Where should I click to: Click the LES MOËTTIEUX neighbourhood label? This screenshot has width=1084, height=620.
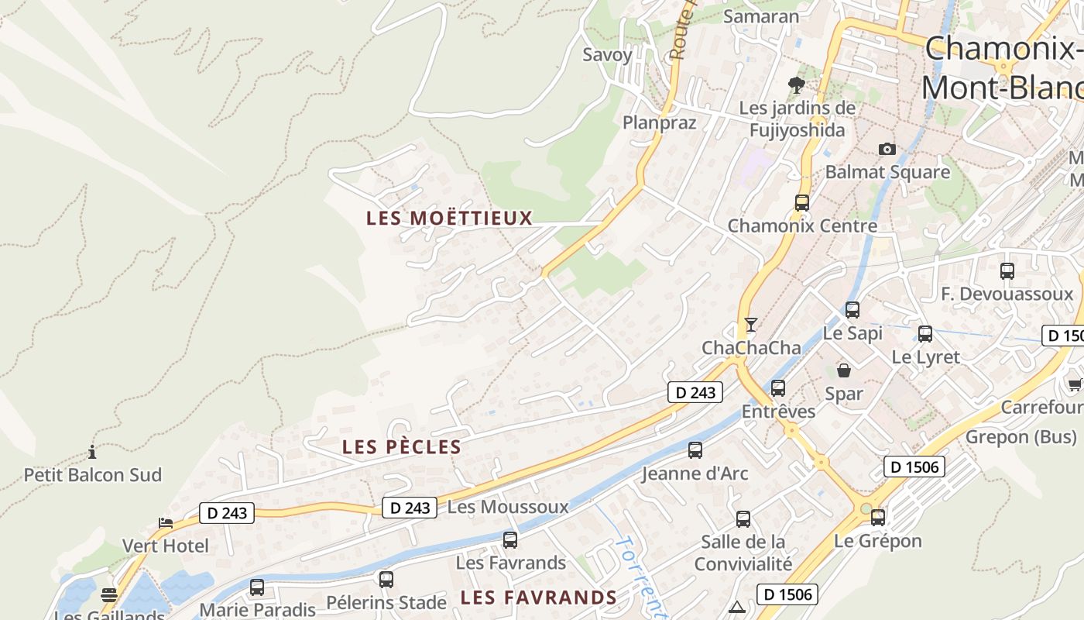[449, 219]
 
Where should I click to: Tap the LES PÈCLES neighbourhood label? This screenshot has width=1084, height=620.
[401, 447]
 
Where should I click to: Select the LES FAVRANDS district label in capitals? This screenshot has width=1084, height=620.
[538, 598]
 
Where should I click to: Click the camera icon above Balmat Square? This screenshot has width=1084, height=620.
[887, 149]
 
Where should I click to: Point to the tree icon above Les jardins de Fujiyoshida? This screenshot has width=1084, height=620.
[796, 85]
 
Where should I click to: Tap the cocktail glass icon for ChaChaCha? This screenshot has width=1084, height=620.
[750, 324]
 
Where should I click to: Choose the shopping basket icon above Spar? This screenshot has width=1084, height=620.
[844, 370]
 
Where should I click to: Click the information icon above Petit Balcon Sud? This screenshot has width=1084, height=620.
[92, 452]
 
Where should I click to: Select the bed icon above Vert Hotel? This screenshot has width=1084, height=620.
[166, 523]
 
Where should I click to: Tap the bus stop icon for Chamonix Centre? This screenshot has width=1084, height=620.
[802, 203]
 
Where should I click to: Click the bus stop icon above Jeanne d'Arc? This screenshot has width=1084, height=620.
[695, 449]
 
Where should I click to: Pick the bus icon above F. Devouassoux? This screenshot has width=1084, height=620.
[1007, 271]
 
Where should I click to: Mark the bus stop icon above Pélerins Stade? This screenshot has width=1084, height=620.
[386, 579]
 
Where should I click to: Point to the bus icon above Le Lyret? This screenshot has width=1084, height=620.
[924, 334]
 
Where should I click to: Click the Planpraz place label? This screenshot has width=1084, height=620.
[660, 122]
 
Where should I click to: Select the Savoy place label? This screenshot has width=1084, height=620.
[607, 55]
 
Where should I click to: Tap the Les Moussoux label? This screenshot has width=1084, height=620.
[508, 508]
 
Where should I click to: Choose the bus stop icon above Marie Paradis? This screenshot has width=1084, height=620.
[257, 587]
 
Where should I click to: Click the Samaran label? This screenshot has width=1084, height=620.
[760, 16]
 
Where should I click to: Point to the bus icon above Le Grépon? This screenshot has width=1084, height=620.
[877, 517]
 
